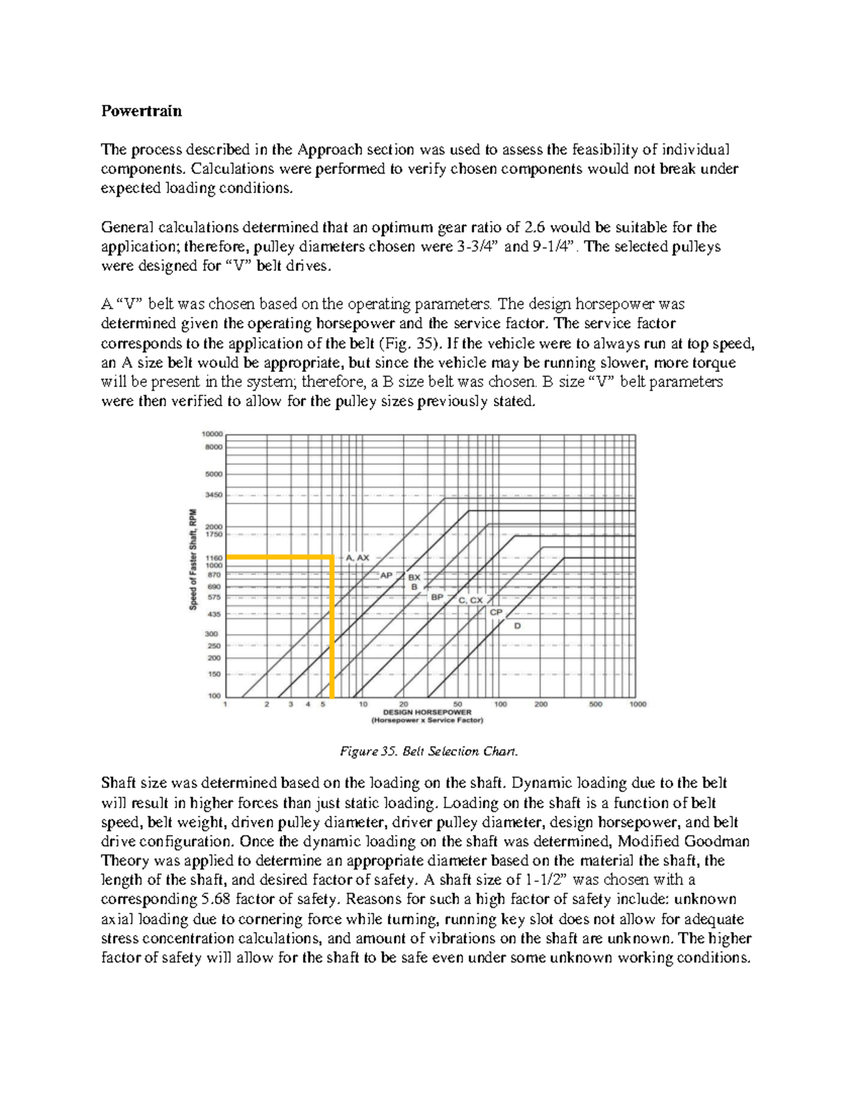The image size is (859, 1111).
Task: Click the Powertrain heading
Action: coord(141,111)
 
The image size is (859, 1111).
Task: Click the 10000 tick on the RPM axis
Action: coord(212,434)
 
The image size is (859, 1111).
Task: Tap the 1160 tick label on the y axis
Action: coord(214,557)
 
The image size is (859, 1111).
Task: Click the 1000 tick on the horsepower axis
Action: coord(638,704)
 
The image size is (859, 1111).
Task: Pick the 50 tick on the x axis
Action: coord(457,704)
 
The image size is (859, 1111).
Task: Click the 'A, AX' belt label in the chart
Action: coord(358,557)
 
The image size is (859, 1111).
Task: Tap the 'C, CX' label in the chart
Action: coord(470,601)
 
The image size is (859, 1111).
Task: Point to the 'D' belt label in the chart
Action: coord(518,626)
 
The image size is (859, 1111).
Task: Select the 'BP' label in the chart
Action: coord(437,596)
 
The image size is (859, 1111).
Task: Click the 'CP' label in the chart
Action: coord(496,612)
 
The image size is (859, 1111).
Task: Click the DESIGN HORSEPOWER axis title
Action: coord(427,713)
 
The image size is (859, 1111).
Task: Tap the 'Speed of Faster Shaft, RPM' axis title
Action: coord(193,559)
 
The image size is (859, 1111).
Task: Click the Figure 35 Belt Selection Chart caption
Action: coord(428,751)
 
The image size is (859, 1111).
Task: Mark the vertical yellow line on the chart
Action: coord(331,630)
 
